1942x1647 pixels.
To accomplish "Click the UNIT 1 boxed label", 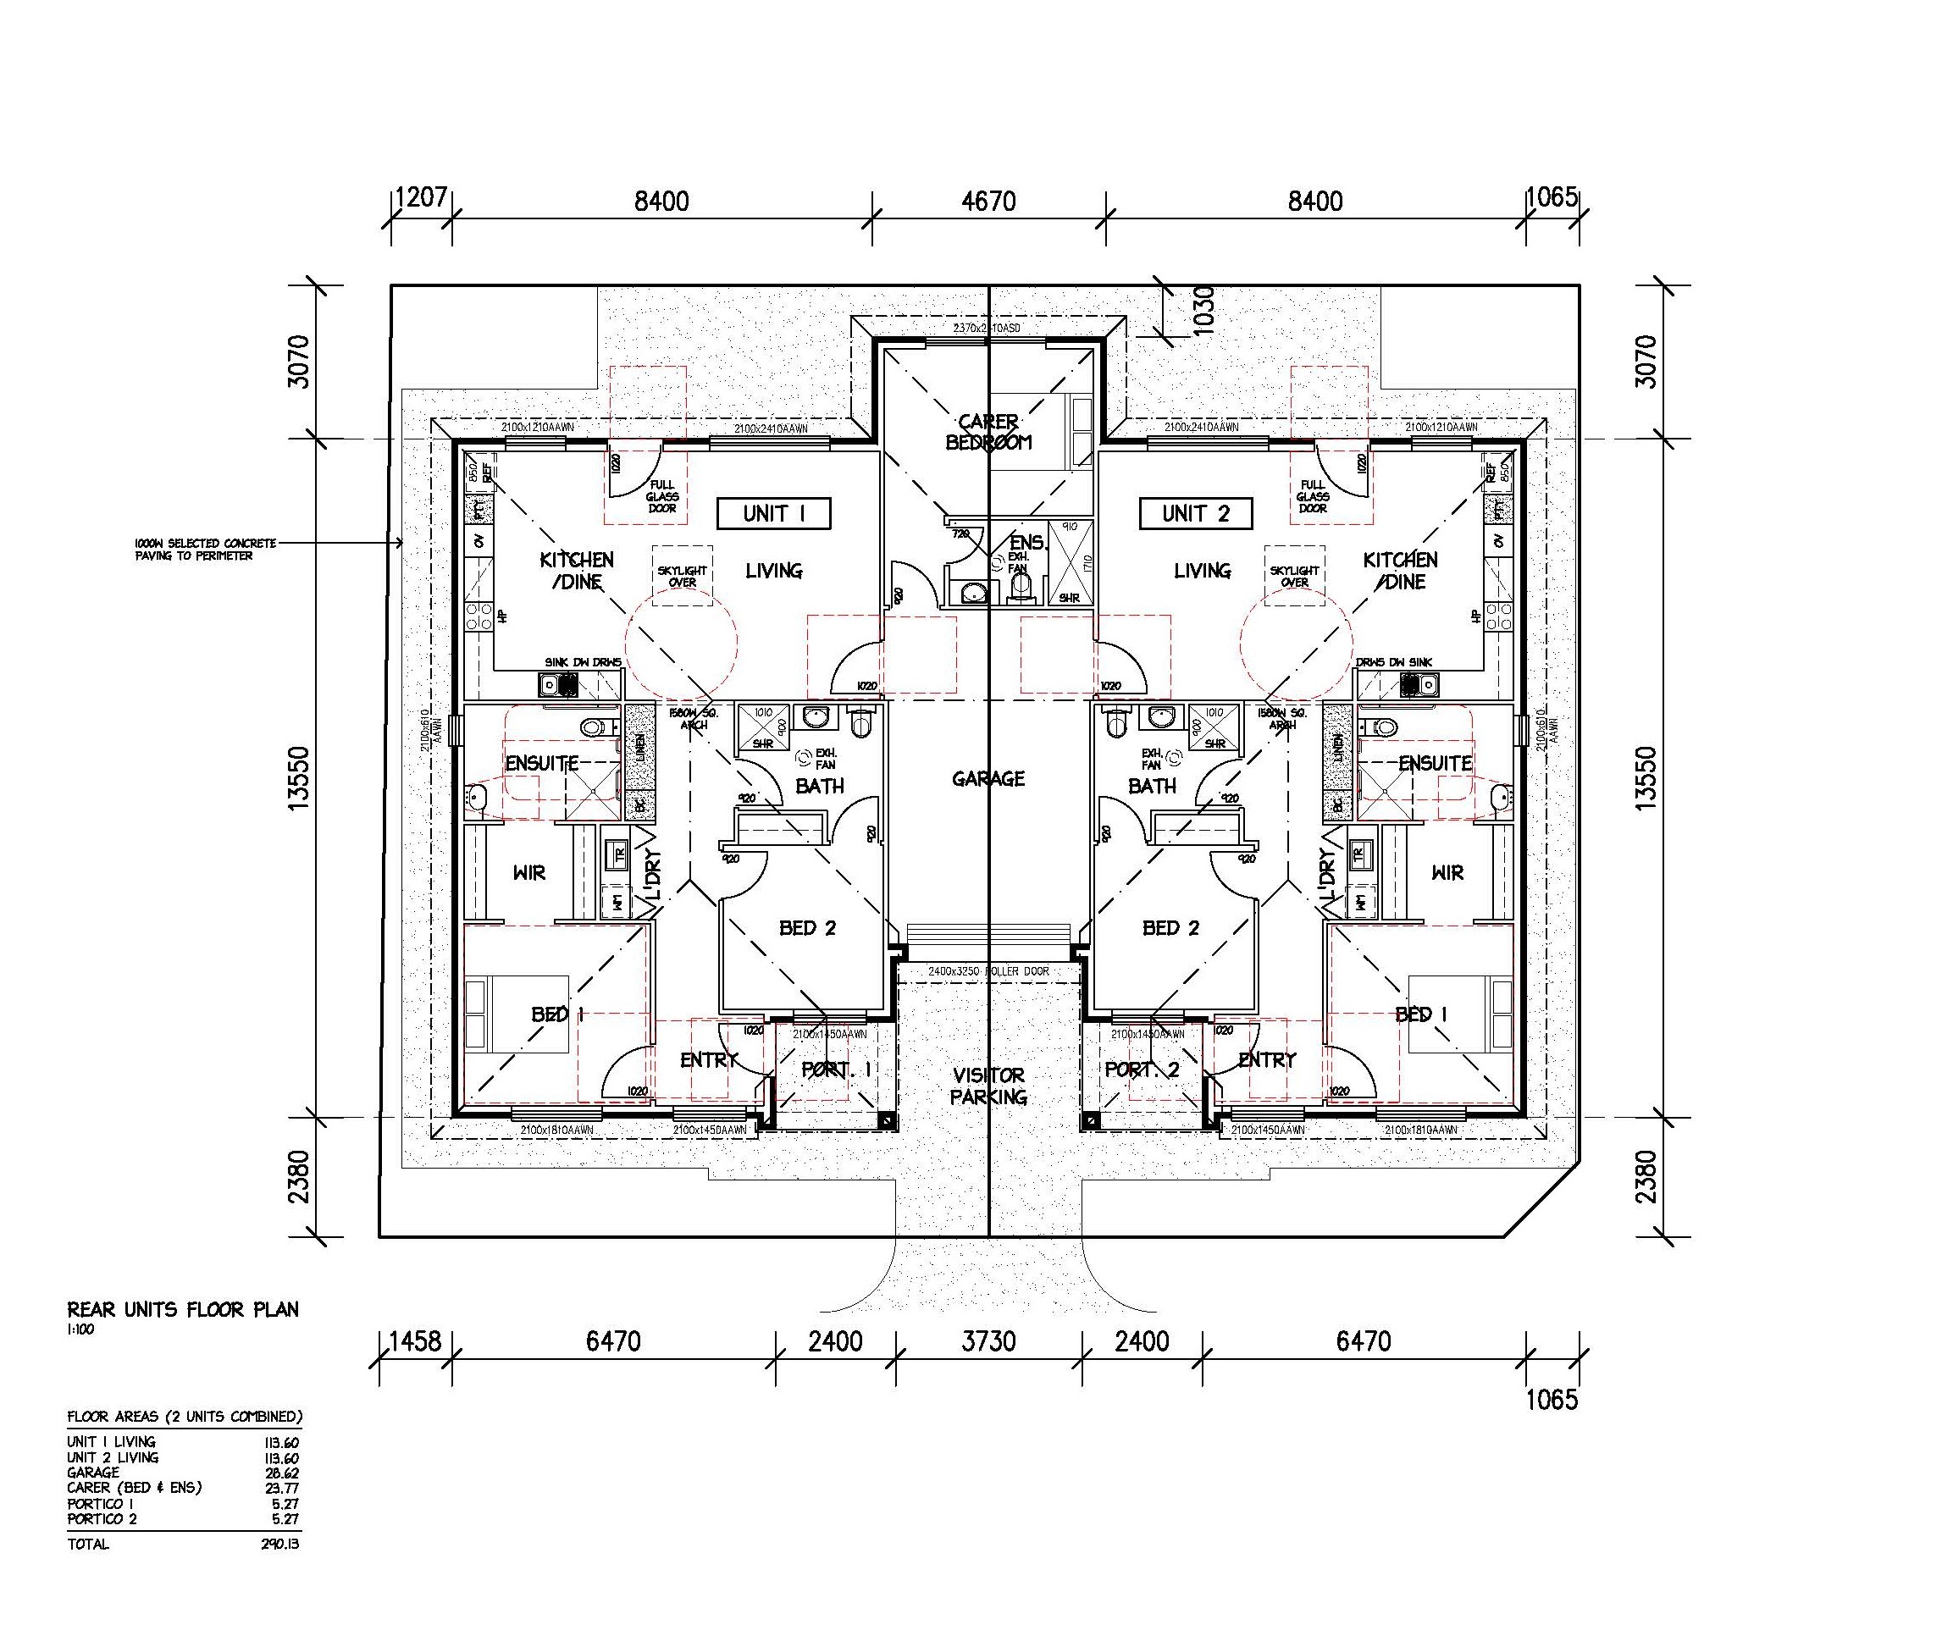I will pos(773,513).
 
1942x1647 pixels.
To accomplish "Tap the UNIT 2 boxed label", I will pos(1195,513).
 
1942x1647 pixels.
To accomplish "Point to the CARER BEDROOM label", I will pos(988,433).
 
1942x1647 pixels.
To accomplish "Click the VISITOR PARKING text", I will pos(988,1086).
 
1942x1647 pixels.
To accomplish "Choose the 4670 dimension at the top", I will pos(988,201).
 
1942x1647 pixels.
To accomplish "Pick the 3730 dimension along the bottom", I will pos(988,1341).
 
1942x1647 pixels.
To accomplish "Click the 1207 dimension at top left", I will pos(421,198).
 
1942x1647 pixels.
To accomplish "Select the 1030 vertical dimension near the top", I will pos(1203,311).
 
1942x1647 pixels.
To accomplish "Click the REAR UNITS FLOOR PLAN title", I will pos(183,1310).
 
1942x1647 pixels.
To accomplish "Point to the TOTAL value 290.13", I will pos(279,1545).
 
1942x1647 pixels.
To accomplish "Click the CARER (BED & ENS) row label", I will pos(134,1487).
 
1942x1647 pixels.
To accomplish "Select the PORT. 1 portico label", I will pos(836,1070).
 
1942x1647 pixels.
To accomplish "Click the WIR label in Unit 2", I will pos(1447,873).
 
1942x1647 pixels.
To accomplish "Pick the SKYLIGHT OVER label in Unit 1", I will pos(683,576).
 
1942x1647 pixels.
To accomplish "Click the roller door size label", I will pos(988,971).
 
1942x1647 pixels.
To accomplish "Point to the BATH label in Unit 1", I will pos(819,787).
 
